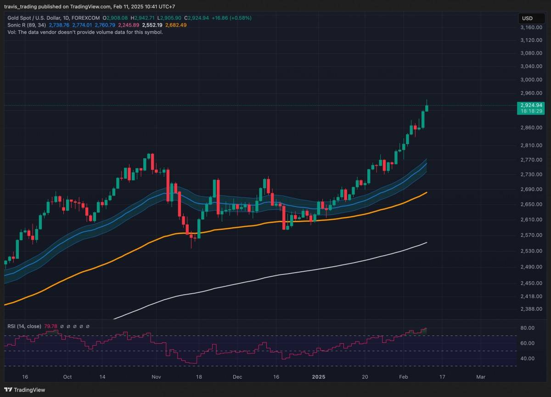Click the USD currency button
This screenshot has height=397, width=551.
[527, 18]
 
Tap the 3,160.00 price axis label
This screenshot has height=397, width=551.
[532, 28]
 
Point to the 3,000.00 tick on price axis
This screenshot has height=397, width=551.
[532, 79]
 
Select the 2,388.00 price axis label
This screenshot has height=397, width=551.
[532, 309]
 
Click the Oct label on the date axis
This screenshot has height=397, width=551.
[67, 377]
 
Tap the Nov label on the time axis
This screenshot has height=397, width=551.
[157, 377]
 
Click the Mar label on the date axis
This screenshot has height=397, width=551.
[481, 377]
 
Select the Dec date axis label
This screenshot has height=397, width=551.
[237, 377]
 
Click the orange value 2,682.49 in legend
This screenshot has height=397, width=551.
[176, 25]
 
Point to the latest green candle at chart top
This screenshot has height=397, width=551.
[427, 108]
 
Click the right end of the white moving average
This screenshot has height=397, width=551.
[427, 242]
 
